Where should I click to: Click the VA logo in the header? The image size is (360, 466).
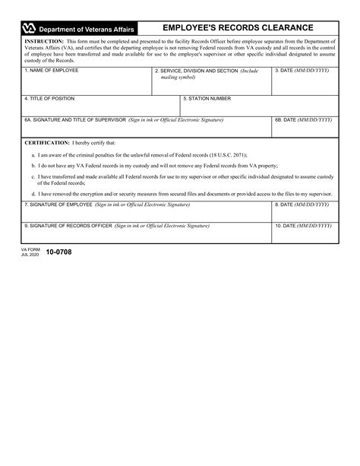click(x=29, y=28)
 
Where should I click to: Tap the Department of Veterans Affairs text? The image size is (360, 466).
click(x=87, y=29)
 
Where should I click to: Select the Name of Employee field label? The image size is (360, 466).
click(x=51, y=70)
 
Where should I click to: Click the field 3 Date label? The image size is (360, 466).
click(x=302, y=70)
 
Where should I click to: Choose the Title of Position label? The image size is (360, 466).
click(x=51, y=98)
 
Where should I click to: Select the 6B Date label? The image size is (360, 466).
click(x=302, y=119)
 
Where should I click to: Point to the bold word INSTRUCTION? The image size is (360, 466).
click(x=44, y=41)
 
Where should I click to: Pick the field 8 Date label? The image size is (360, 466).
click(x=302, y=204)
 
